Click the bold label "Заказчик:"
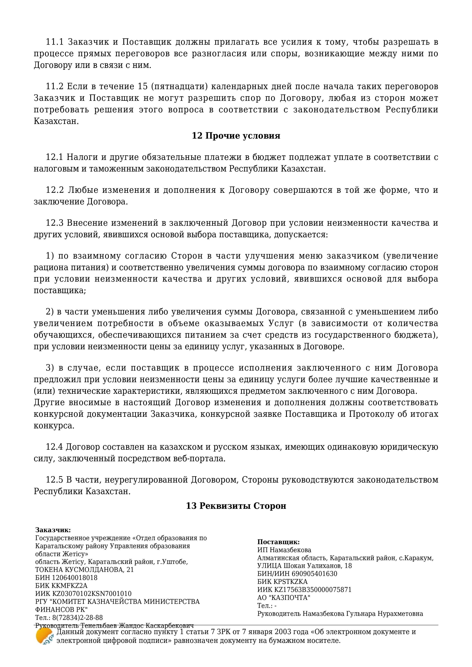point(53,530)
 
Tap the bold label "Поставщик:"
point(278,542)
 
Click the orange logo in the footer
point(44,636)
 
